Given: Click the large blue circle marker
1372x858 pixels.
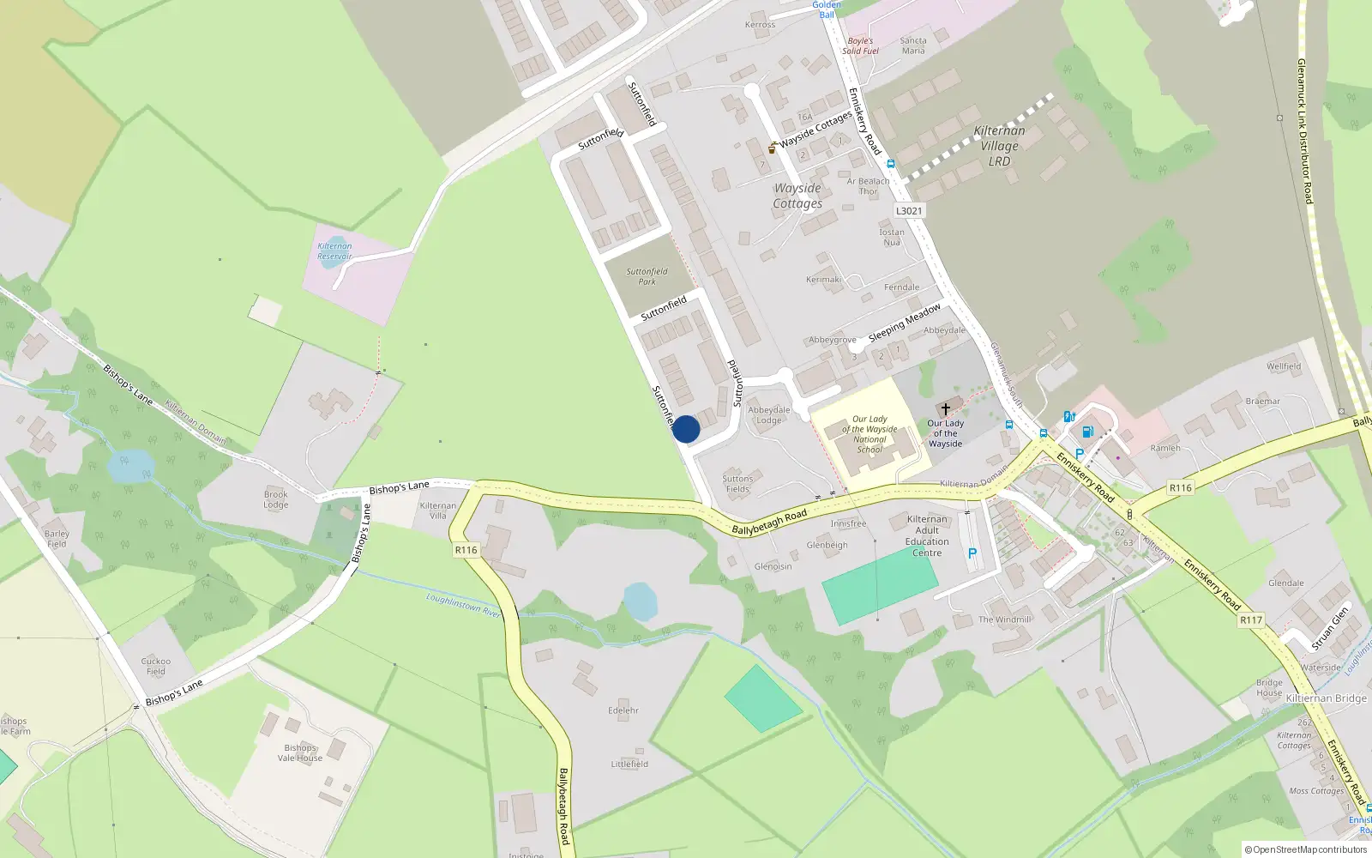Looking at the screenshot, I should (686, 429).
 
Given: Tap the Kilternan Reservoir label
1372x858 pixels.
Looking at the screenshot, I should (334, 251).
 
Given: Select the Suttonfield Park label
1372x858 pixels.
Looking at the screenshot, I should (647, 276).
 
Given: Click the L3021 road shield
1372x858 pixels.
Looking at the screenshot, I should (909, 211).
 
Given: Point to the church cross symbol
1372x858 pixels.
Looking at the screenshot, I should (945, 409).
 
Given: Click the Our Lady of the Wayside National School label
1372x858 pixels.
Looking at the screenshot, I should (870, 434).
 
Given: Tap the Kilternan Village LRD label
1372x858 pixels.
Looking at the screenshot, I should (999, 146).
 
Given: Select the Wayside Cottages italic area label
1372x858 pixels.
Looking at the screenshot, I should (797, 196).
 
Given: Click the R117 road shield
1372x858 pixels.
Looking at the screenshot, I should (1251, 619).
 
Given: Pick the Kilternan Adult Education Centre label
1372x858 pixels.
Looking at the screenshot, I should (927, 536).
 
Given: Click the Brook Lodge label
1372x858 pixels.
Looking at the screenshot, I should (276, 499).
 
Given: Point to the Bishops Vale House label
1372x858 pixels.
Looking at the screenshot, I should (300, 753).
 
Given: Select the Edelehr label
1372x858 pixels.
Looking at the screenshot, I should (623, 710).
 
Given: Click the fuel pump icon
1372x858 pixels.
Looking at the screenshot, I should (1087, 432).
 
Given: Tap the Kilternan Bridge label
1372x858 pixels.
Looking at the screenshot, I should (1326, 698).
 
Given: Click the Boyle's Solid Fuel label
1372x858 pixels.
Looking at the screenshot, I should (860, 45).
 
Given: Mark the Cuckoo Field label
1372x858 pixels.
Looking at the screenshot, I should (156, 666).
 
